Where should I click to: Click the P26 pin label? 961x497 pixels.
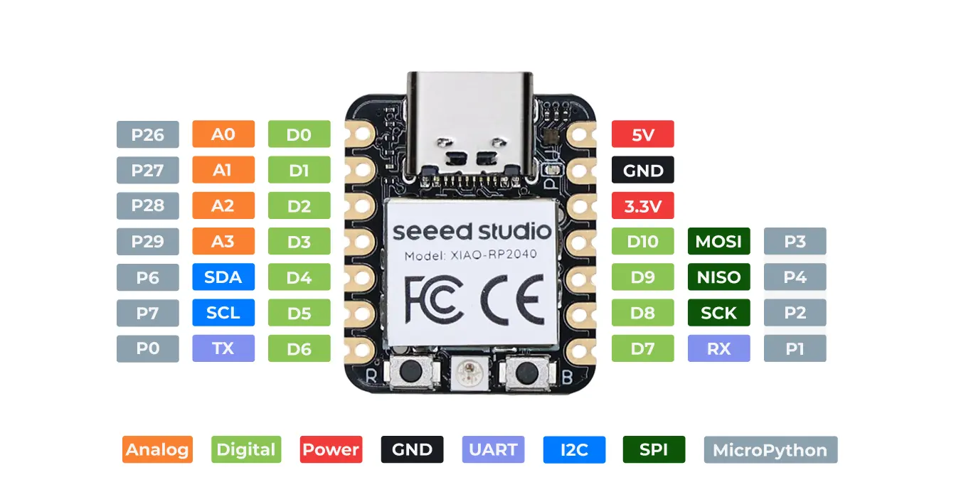point(147,134)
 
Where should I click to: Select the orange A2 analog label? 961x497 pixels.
point(223,205)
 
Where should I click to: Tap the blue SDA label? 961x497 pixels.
point(223,277)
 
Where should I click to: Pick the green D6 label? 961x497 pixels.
point(299,349)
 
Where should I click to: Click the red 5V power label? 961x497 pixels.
point(642,134)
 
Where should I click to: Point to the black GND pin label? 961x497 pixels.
point(642,171)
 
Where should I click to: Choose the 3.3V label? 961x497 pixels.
point(642,206)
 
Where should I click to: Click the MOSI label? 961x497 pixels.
point(718,242)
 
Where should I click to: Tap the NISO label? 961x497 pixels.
point(718,277)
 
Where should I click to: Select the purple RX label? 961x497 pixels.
point(718,349)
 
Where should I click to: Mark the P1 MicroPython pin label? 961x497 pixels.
point(795,349)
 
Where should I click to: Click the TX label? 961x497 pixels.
point(223,349)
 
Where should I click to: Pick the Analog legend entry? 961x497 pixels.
point(157,449)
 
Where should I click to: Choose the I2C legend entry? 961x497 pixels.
point(573,449)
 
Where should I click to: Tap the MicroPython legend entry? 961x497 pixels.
point(770,449)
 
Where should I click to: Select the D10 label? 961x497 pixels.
point(642,242)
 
